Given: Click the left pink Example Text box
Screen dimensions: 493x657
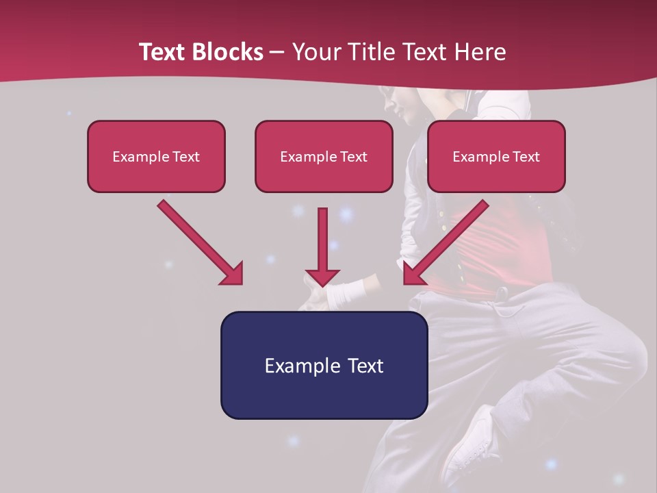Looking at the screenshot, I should coord(156,156).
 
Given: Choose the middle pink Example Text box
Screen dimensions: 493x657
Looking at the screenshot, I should coord(324,156).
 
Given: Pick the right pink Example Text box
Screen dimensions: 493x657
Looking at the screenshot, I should coord(496,156).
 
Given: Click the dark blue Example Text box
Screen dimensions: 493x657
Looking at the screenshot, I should coord(324,365).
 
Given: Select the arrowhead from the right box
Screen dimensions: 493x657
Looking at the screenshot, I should coord(411,277).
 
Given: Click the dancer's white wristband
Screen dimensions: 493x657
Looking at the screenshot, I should coord(348,293).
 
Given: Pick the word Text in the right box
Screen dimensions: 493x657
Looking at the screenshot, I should coord(526,156).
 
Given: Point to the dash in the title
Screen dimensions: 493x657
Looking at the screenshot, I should coord(277,53).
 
